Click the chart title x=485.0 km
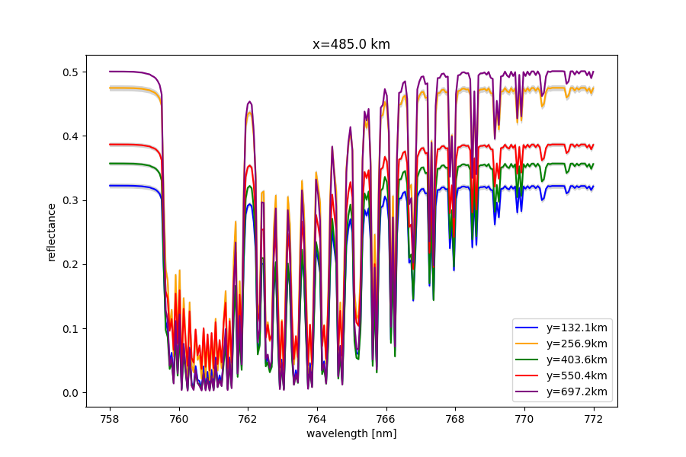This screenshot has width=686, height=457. pos(351,44)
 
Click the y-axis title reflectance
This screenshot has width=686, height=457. pos(52,232)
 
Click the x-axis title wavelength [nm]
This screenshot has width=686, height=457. pos(351,433)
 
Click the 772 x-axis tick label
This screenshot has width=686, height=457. pos(592,418)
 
